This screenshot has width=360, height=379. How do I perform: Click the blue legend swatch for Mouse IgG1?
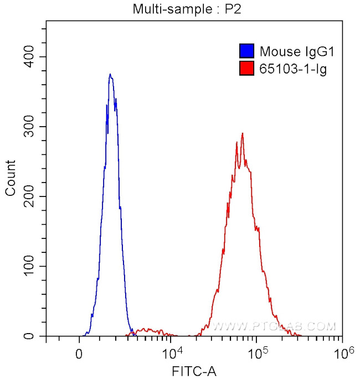pos(246,52)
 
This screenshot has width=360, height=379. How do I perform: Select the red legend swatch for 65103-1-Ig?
pos(246,69)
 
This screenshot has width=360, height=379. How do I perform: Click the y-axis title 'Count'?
pos(11,177)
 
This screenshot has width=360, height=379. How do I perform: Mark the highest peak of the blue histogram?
pos(110,74)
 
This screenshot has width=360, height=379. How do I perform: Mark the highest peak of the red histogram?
pos(242,133)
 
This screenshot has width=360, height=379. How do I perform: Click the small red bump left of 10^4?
pos(145,330)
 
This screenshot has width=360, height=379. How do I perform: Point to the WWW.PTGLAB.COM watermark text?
pos(274,326)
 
